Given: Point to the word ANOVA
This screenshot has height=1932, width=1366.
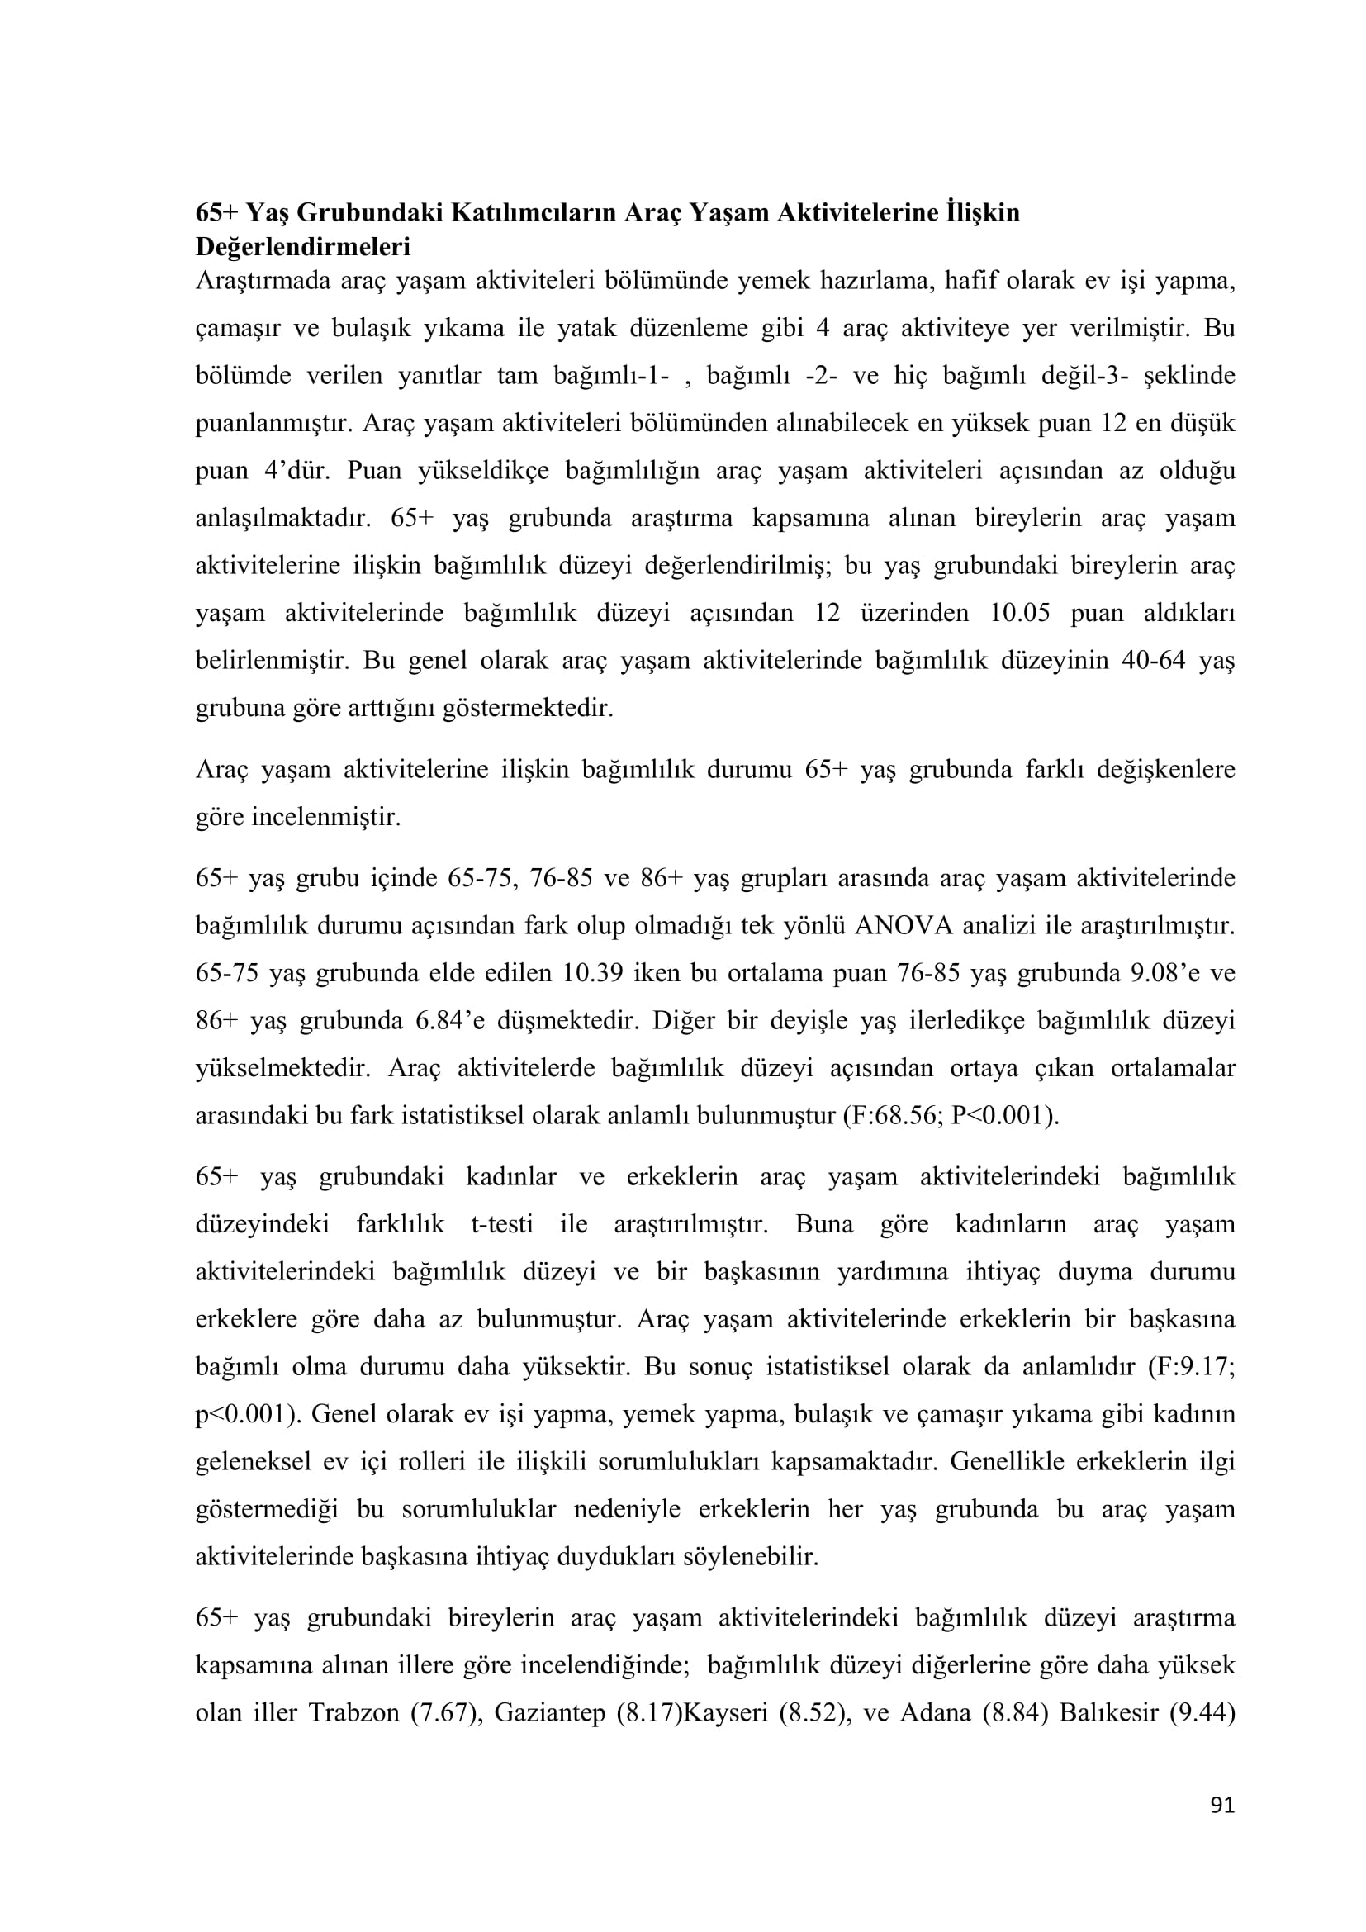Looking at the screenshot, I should [904, 926].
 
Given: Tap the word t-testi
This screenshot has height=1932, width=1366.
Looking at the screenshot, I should [502, 1223].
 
